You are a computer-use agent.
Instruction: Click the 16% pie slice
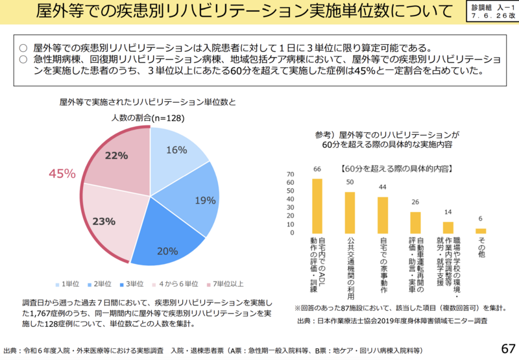[x=176, y=152]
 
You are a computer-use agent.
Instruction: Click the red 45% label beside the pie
[x=62, y=173]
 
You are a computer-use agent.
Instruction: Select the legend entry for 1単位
[x=67, y=284]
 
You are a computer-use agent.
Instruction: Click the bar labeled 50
[x=350, y=212]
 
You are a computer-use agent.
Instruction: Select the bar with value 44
[x=383, y=215]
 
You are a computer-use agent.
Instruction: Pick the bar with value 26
[x=415, y=222]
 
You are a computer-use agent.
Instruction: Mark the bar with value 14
[x=448, y=227]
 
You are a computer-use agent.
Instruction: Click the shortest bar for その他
[x=481, y=230]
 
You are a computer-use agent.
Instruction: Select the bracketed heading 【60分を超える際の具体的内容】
[x=396, y=168]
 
